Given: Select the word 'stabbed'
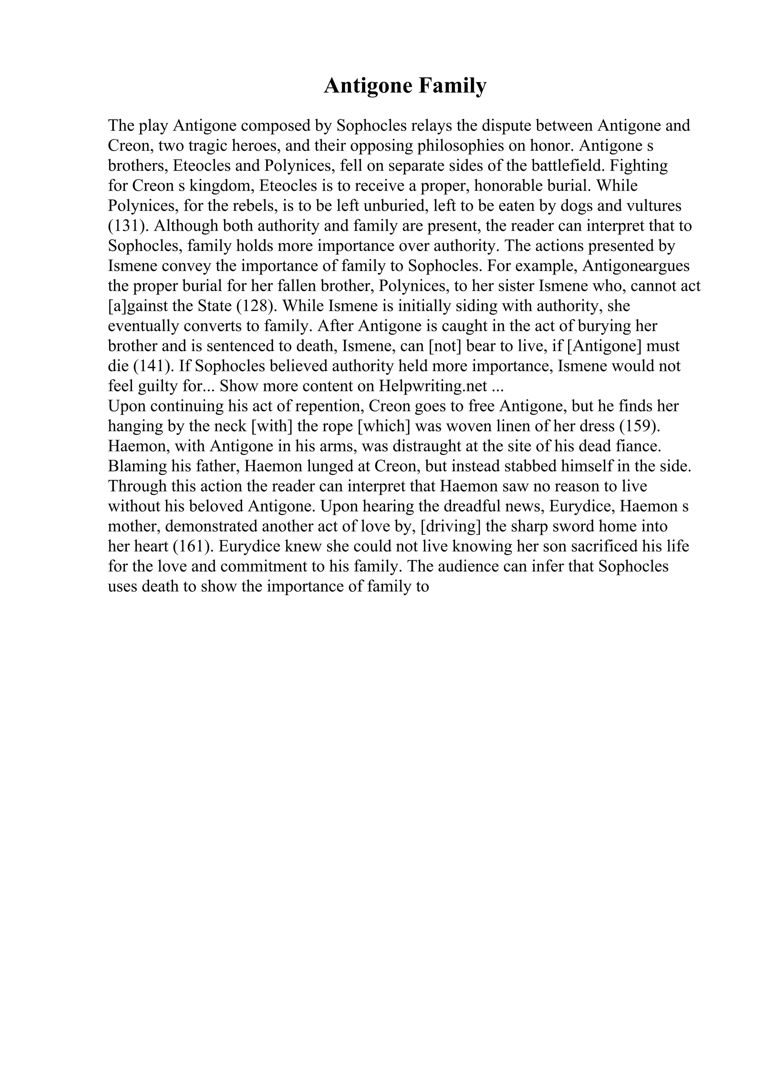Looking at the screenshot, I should (522, 466).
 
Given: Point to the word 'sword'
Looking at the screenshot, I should (572, 527).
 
